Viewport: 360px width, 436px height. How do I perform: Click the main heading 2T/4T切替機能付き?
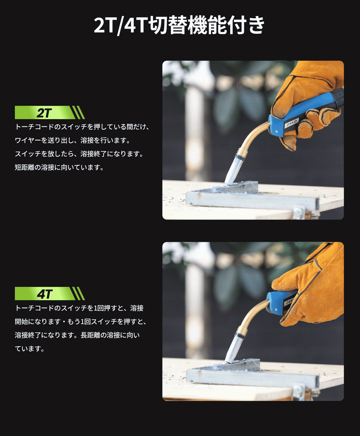point(179,25)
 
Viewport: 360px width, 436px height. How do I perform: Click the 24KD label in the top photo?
point(292,123)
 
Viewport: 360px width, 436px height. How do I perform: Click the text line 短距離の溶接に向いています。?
point(59,167)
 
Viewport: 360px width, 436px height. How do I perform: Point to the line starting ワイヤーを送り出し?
point(73,140)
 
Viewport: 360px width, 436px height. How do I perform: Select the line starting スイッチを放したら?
point(79,154)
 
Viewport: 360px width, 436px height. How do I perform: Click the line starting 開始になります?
point(81,322)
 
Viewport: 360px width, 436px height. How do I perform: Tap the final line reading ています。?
point(30,349)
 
